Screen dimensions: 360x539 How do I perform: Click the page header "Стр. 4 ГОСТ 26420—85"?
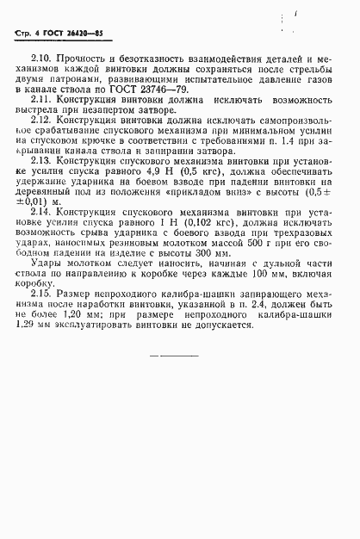47,34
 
